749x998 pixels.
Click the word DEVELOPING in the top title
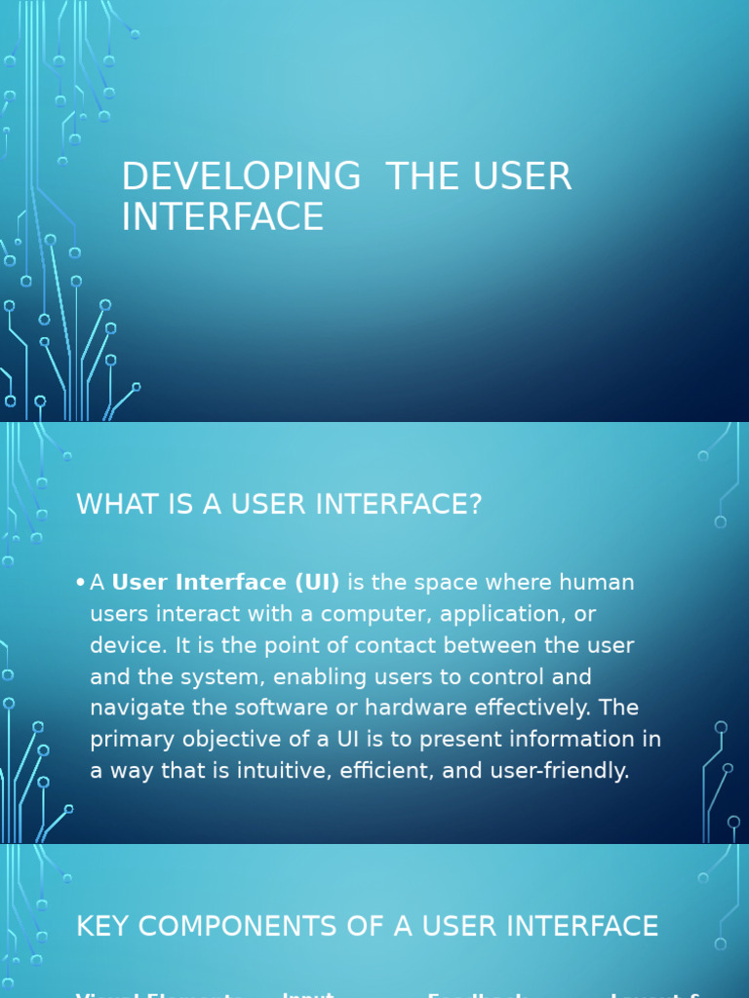(x=240, y=177)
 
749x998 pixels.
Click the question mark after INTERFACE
(x=475, y=505)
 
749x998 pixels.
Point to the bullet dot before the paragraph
(x=79, y=583)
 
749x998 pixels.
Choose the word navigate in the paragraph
(x=136, y=709)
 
